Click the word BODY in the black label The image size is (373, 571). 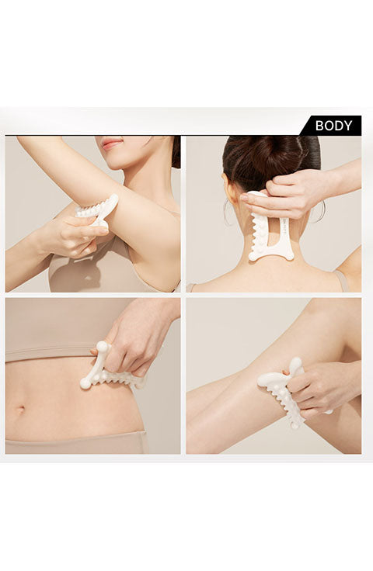(x=333, y=126)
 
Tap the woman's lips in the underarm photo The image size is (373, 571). (x=112, y=143)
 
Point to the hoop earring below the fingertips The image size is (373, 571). (x=228, y=214)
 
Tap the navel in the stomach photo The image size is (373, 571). (x=19, y=409)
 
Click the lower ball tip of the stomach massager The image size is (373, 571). (x=85, y=383)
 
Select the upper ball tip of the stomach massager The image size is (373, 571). (x=102, y=347)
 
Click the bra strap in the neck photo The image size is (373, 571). (x=343, y=281)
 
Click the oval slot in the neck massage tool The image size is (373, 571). (x=271, y=232)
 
